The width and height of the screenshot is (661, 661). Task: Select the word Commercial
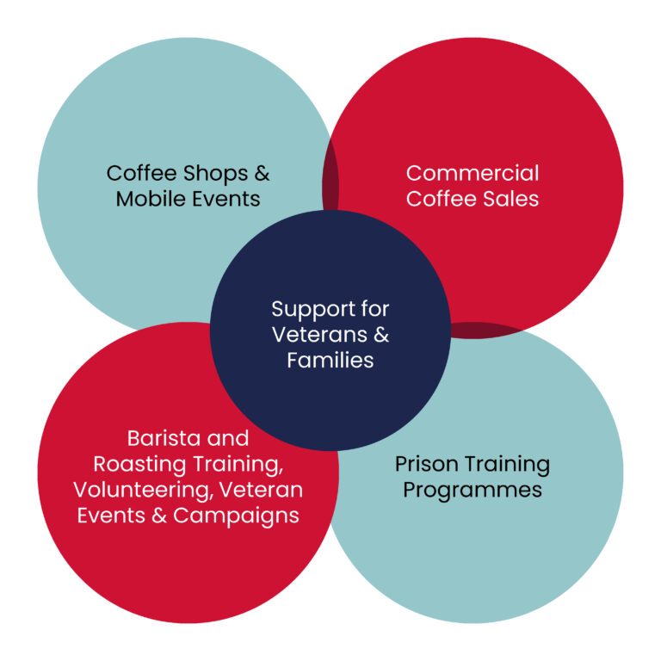click(x=473, y=173)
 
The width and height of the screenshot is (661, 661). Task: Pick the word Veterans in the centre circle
click(x=321, y=334)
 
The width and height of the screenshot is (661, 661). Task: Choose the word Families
click(x=330, y=360)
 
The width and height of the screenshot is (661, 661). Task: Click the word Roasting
click(x=133, y=463)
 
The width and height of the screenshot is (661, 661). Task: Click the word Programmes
click(x=473, y=490)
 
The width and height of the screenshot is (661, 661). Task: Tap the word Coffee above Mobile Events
click(x=138, y=173)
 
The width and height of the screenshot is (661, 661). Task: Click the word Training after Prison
click(x=509, y=464)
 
